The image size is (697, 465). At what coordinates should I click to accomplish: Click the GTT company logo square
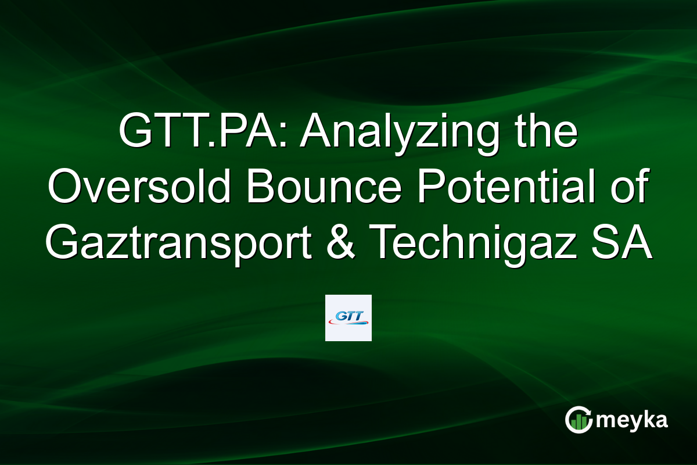point(348,318)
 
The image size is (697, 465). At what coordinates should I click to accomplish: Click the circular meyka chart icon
point(579,420)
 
